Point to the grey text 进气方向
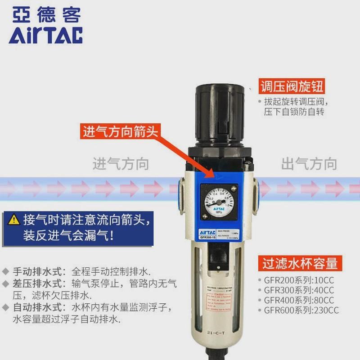(x=121, y=163)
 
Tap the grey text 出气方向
(x=309, y=163)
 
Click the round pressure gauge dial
(x=218, y=198)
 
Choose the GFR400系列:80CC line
(x=299, y=300)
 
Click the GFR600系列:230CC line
(x=301, y=310)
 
